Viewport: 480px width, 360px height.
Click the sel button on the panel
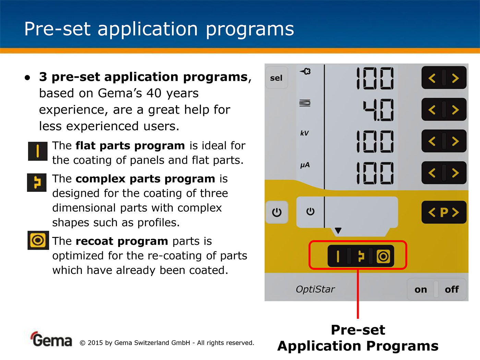click(x=276, y=78)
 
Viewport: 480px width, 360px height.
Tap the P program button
click(x=444, y=212)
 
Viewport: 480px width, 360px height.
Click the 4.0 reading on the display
click(x=378, y=110)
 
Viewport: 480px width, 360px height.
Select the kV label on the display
click(x=304, y=133)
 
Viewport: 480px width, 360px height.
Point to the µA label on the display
click(x=305, y=165)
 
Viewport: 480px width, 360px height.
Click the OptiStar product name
click(x=315, y=289)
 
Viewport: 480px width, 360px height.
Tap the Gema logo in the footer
click(x=51, y=339)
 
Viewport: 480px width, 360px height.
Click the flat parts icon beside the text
click(x=38, y=151)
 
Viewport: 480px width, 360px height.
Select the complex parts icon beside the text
click(x=37, y=182)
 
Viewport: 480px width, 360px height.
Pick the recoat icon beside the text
click(x=38, y=240)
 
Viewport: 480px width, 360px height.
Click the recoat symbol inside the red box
click(x=383, y=256)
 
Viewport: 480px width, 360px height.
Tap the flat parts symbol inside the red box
click(x=338, y=256)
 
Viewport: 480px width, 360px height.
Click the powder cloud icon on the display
click(x=305, y=71)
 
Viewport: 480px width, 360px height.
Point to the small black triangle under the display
click(x=338, y=230)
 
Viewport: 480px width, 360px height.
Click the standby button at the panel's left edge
click(x=277, y=212)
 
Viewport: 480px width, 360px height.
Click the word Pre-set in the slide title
click(x=57, y=29)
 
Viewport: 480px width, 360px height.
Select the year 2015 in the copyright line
click(x=95, y=343)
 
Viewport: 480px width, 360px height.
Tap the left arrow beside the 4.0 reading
click(x=432, y=110)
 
